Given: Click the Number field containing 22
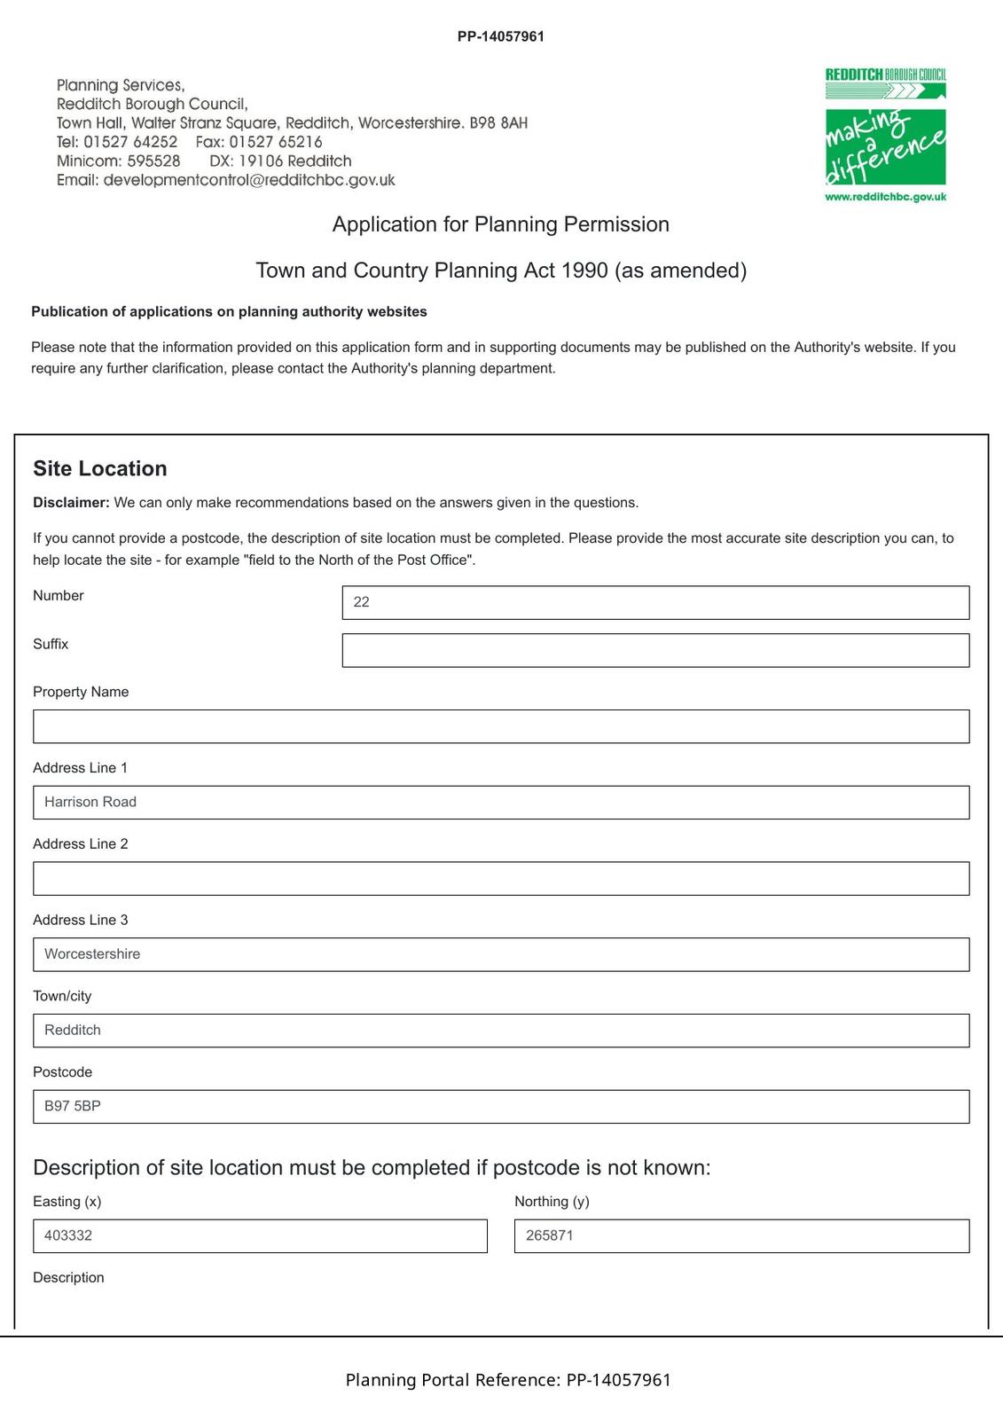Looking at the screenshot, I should pos(655,602).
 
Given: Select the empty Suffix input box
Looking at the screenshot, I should pos(655,650).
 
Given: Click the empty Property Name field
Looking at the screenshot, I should pos(501,726).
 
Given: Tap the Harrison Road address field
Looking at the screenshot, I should pos(501,803).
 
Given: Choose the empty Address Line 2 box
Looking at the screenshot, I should pos(501,878).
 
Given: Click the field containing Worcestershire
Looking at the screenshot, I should pos(501,954).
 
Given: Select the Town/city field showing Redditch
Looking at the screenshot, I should pos(501,1031).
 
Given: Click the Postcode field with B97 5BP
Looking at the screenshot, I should pos(501,1107).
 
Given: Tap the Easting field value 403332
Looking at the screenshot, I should pos(260,1236).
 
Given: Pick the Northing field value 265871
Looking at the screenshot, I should pos(741,1236).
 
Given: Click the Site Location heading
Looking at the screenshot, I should pos(100,468).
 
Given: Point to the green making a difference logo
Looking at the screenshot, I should pos(885,145).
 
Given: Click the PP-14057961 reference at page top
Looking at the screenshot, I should pos(501,36).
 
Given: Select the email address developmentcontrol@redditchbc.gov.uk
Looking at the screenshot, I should pos(249,180).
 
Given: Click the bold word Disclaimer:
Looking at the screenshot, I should pos(71,503).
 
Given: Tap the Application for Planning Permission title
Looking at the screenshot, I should pos(501,224).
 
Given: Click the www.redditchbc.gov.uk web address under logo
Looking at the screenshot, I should pos(885,197).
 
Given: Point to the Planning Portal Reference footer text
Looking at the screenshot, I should pos(508,1380).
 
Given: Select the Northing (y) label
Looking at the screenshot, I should pos(552,1202).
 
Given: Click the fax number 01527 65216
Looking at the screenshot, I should pos(276,142).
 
